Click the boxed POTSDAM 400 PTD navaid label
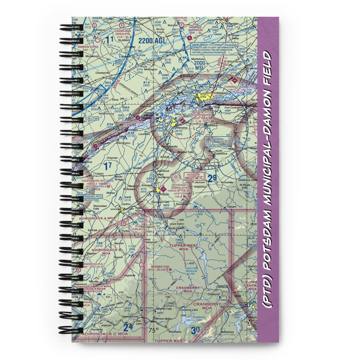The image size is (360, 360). (x=194, y=176)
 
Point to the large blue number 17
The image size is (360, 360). (x=108, y=166)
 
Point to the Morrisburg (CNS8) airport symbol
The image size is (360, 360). (x=138, y=118)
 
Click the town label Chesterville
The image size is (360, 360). (x=103, y=73)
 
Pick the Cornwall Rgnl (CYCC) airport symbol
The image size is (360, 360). (x=236, y=81)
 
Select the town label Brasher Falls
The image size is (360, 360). (x=186, y=152)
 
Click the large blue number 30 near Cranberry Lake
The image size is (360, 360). (x=196, y=330)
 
